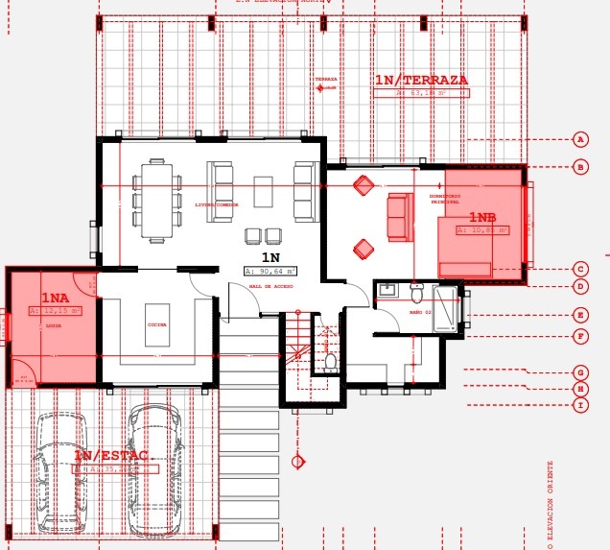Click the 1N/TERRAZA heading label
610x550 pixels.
420,80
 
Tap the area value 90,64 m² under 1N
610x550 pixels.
270,271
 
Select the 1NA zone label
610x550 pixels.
55,299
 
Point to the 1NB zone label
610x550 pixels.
482,218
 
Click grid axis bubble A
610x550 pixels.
580,139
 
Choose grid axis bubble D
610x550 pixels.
580,286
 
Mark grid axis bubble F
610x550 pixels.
580,336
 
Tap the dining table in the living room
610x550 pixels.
156,200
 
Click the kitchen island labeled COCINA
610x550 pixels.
156,325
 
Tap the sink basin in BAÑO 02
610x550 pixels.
388,289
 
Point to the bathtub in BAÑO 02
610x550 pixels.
446,308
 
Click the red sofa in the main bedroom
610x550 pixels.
399,217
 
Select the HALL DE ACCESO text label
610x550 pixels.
270,286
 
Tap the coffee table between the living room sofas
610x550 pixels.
263,191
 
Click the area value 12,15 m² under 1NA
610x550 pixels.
55,311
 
